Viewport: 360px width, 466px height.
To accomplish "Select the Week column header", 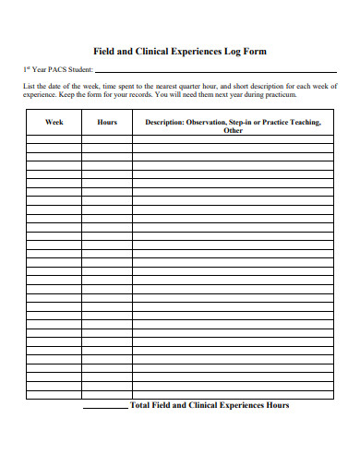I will tap(54, 122).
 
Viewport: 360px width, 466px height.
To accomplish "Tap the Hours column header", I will tap(106, 122).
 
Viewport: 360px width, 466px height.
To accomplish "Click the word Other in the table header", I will tap(233, 131).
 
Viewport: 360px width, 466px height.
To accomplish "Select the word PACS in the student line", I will tap(54, 69).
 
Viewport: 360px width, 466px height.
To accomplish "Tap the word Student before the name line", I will tap(78, 69).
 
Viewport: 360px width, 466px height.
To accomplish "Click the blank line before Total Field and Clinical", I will tap(105, 407).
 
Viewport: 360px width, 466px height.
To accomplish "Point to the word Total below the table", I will tap(141, 405).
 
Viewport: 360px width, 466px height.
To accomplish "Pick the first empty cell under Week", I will tap(54, 141).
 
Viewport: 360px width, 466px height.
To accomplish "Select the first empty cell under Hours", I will tap(106, 141).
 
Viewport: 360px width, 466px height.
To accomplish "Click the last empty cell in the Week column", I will tap(54, 395).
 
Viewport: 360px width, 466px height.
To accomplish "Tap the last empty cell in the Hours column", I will tap(106, 395).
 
